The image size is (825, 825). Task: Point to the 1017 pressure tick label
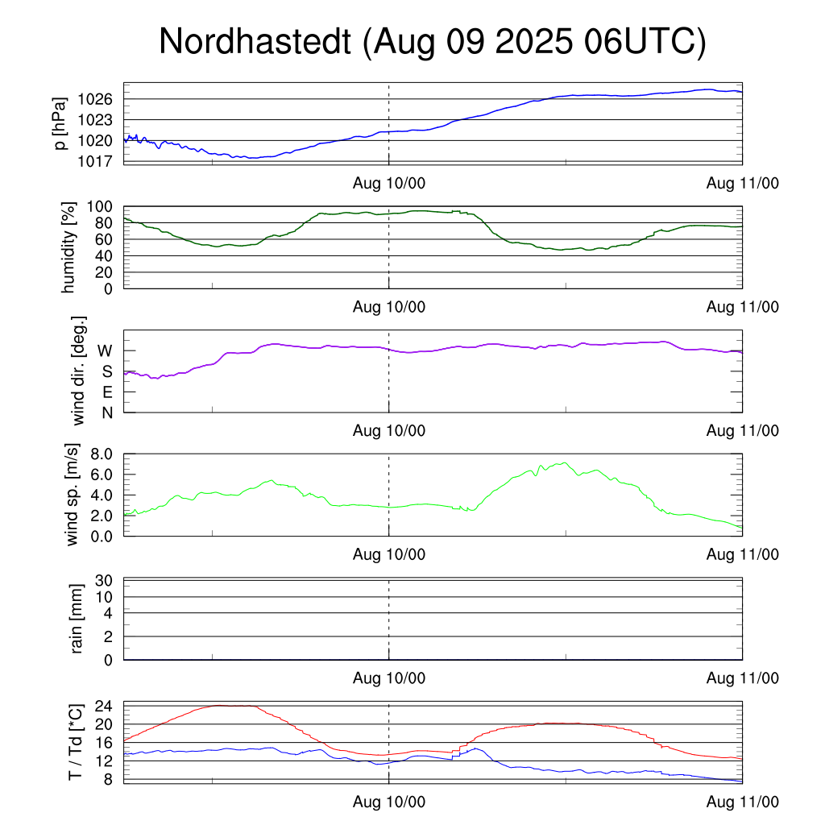click(x=95, y=161)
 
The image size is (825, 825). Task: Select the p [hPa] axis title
click(x=59, y=123)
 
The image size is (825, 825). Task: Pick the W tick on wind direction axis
click(x=105, y=350)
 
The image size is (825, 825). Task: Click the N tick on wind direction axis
click(x=106, y=412)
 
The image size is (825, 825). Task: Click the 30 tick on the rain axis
click(x=103, y=580)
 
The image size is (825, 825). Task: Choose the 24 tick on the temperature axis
click(x=103, y=706)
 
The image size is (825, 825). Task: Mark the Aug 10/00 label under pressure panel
click(x=389, y=183)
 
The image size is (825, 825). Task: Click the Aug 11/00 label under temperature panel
click(x=742, y=803)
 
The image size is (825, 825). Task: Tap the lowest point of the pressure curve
click(x=254, y=158)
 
